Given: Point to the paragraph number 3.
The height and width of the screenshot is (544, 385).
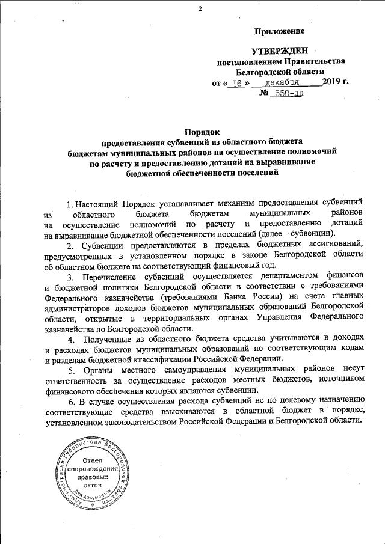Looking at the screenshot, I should click(70, 277).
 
